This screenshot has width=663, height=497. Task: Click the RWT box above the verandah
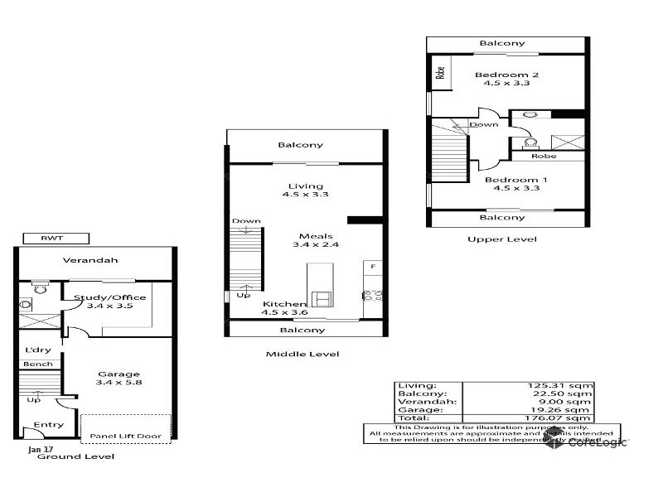(x=51, y=239)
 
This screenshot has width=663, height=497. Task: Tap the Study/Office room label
(x=121, y=297)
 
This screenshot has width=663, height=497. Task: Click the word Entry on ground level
(x=49, y=424)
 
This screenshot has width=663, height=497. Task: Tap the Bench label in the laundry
(x=37, y=364)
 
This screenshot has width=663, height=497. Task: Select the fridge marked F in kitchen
(x=373, y=267)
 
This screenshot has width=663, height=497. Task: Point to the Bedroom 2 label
(x=501, y=75)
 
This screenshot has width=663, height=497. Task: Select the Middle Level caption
(x=302, y=354)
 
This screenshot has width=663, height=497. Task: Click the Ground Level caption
(x=80, y=456)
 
